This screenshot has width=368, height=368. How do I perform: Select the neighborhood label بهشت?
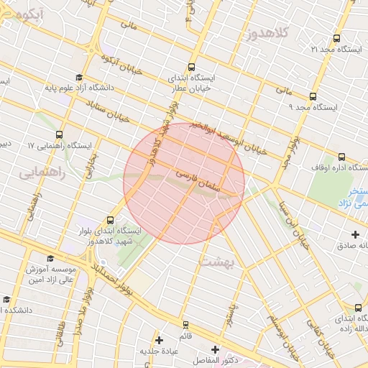point(219,262)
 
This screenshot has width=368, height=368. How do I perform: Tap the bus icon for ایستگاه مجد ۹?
point(312,96)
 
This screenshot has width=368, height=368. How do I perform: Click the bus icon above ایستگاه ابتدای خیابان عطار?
point(192,64)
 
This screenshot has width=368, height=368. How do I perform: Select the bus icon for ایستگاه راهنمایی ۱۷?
point(58,134)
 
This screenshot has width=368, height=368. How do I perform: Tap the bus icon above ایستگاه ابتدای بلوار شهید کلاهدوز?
point(110,219)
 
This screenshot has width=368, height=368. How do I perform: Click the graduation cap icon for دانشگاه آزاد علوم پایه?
point(78,78)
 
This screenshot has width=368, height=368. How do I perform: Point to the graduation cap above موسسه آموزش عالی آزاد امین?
point(50,258)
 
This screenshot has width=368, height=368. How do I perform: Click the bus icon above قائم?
point(186,325)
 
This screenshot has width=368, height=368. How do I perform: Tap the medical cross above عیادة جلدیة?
point(160,339)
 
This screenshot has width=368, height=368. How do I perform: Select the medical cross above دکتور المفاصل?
point(215,349)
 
